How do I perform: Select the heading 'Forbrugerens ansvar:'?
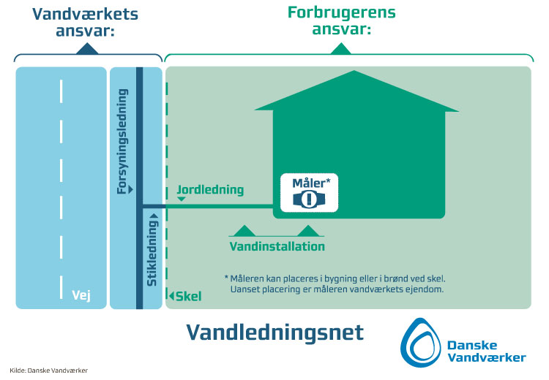340,21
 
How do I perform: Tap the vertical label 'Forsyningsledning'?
123,142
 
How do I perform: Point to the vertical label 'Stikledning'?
152,248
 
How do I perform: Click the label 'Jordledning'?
210,190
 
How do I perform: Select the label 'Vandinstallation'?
277,246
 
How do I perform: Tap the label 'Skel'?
189,296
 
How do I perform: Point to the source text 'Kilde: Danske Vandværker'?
49,370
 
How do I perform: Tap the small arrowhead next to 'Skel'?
171,296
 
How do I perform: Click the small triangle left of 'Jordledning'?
181,198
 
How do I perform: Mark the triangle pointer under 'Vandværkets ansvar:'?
86,49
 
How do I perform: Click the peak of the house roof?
356,72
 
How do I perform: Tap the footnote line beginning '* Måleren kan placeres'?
335,278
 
